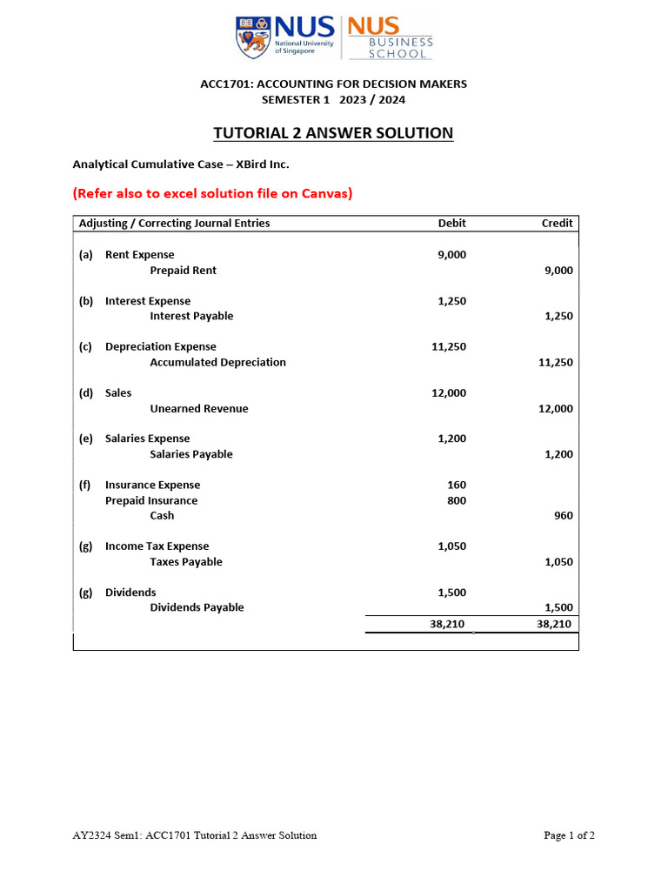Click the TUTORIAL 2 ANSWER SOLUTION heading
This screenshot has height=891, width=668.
(x=333, y=133)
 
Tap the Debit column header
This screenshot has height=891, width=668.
(x=451, y=224)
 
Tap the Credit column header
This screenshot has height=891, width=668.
(x=557, y=224)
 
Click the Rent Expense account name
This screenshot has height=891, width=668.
(x=139, y=255)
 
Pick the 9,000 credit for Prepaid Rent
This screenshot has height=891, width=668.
(x=558, y=271)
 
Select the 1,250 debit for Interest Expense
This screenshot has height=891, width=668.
(x=451, y=301)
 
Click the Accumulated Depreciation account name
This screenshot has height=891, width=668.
(x=217, y=363)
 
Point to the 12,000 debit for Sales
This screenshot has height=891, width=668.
(x=449, y=393)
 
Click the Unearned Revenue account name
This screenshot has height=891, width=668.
(x=198, y=409)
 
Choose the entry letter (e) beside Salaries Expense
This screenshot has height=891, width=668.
(x=85, y=439)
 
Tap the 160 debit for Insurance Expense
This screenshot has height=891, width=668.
(x=456, y=486)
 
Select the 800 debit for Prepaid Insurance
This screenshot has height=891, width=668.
(x=456, y=501)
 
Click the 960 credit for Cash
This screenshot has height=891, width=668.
(x=563, y=516)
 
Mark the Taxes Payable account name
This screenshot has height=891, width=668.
(x=185, y=562)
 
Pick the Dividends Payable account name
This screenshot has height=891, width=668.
(x=197, y=608)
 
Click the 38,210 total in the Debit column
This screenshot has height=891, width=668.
(x=448, y=625)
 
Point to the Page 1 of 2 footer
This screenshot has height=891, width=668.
(x=569, y=836)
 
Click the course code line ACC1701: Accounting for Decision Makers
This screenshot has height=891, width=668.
(x=333, y=84)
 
